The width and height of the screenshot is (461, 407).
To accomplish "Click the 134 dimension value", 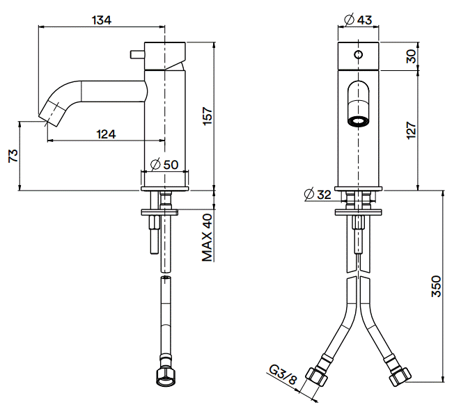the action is click(x=102, y=20).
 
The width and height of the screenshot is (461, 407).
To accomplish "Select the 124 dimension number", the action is click(x=106, y=134).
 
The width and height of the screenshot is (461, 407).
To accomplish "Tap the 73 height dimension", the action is click(x=13, y=156).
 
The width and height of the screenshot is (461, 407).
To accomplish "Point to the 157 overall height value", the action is click(x=208, y=116).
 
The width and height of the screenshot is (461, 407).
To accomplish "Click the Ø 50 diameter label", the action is click(x=164, y=164).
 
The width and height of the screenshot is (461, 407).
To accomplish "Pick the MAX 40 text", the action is click(x=208, y=237).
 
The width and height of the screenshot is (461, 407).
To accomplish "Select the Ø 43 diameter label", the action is click(x=358, y=19).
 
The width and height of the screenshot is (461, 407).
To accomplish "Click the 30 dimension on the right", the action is click(x=412, y=56).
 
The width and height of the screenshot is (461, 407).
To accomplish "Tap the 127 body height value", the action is click(x=412, y=130).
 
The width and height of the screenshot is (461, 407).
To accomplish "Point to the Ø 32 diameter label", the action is click(x=318, y=194).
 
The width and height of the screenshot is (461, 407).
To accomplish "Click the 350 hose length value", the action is click(x=437, y=287).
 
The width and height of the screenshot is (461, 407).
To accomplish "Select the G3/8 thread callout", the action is click(x=283, y=375).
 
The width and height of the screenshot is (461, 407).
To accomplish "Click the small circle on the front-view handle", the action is click(x=359, y=54).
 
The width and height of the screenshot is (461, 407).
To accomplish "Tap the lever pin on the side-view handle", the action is click(x=137, y=54).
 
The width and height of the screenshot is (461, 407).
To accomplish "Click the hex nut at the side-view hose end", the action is click(x=166, y=377).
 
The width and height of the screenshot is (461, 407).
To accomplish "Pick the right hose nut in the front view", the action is click(x=400, y=377).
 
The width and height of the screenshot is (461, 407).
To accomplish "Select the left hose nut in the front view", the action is click(x=316, y=377).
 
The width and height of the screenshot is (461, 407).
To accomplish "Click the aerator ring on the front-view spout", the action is click(x=359, y=121).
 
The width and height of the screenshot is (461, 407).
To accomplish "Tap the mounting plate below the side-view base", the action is click(x=159, y=212).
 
